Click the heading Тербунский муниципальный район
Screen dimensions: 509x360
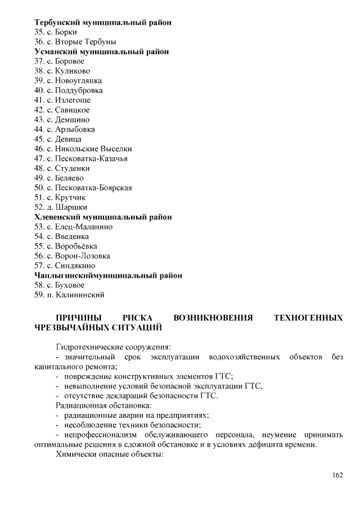point(103,22)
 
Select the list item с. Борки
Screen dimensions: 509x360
point(56,32)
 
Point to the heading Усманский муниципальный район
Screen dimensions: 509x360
point(101,51)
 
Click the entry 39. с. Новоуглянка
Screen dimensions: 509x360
point(68,80)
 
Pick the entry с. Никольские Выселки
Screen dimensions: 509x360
point(83,148)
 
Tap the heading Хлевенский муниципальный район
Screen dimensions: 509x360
point(103,217)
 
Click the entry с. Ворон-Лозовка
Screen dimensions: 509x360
point(73,256)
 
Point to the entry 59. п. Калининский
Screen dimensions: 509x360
point(69,295)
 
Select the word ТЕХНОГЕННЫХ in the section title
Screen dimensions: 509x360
point(308,318)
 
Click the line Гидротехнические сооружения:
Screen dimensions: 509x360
point(113,347)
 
